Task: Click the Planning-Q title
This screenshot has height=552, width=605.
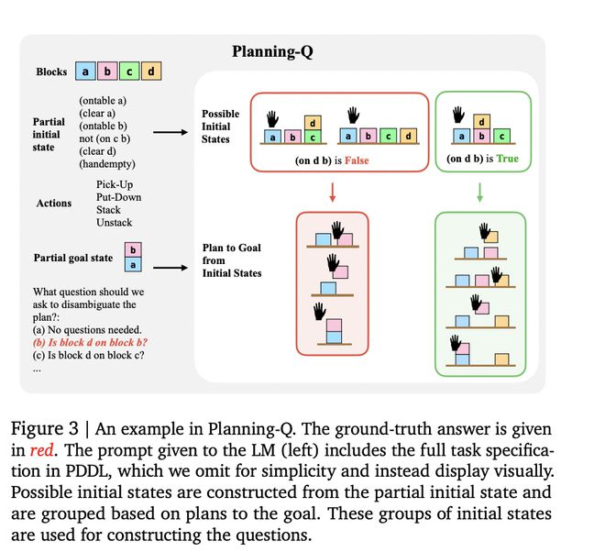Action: [272, 51]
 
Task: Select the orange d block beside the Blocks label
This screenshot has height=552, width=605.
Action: [151, 71]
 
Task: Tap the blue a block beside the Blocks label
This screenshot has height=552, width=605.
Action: [85, 71]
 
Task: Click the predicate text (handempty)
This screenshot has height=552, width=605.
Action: [107, 164]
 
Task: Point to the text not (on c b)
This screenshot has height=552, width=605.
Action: [104, 138]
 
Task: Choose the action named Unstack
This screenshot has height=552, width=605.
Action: [115, 223]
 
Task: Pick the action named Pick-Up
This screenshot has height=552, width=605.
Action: [115, 184]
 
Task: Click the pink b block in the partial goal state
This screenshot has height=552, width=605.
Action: [133, 249]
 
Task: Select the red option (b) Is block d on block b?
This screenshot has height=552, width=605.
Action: [90, 342]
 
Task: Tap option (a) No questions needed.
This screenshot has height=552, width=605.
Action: [87, 330]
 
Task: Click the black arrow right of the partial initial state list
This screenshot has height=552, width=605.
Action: [170, 132]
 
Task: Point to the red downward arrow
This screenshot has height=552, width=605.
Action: [333, 193]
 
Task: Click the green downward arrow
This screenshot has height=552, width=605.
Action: [479, 193]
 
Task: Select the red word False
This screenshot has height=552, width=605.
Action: [357, 160]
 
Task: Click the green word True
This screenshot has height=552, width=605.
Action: [508, 159]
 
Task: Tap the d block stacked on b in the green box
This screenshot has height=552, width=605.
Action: [481, 122]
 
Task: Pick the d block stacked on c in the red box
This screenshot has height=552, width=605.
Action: [313, 123]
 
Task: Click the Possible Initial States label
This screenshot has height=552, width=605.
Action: [220, 127]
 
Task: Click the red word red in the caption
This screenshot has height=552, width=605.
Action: [41, 450]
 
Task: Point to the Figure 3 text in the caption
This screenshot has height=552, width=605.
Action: [44, 428]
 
